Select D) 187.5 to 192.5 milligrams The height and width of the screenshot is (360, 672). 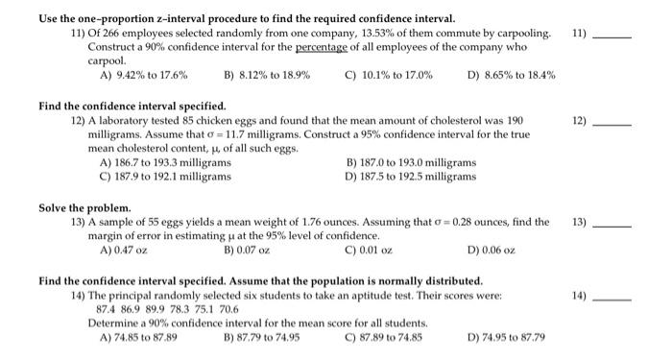[410, 177]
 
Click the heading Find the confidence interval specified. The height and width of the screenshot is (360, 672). [132, 106]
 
